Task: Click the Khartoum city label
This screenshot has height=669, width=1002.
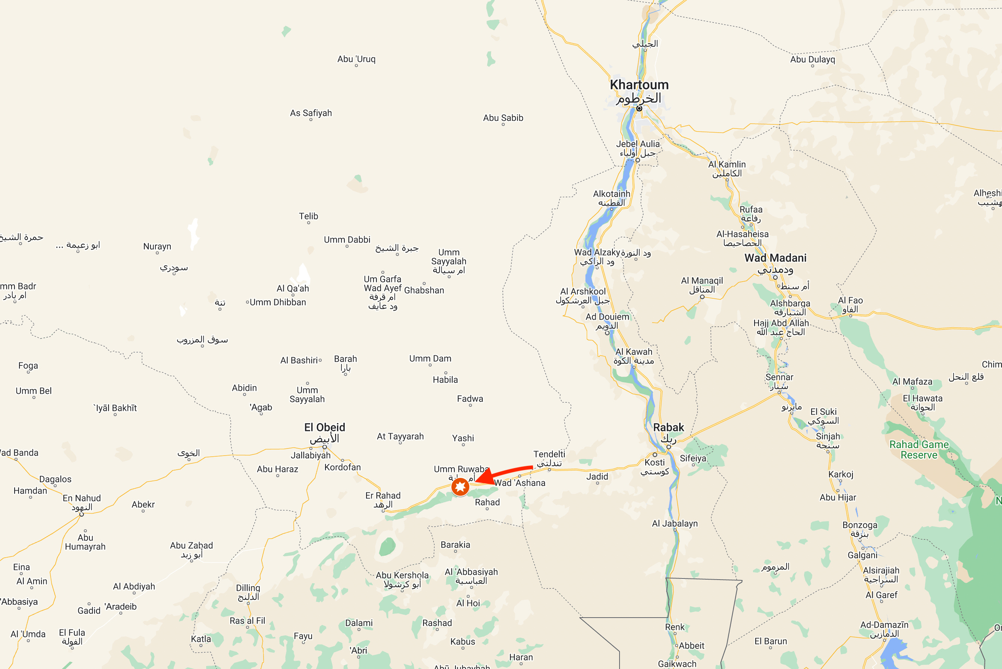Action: click(x=639, y=85)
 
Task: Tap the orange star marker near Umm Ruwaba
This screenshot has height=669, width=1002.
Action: click(x=460, y=486)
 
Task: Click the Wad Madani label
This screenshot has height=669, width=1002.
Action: click(x=775, y=258)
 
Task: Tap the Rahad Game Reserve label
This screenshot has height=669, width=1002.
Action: click(x=919, y=450)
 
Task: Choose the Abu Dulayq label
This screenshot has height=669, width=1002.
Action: click(x=812, y=59)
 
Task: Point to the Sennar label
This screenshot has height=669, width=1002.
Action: click(x=779, y=377)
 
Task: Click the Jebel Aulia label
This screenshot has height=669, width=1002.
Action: click(x=638, y=144)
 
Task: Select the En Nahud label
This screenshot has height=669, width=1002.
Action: click(x=82, y=498)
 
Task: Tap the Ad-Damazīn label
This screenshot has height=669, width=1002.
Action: click(x=884, y=625)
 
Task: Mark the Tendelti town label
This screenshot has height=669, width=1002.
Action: click(x=549, y=454)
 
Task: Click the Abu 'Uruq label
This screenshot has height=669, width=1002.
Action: click(x=356, y=59)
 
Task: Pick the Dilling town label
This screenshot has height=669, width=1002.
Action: click(x=248, y=588)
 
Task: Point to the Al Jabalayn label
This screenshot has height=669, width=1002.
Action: click(x=675, y=523)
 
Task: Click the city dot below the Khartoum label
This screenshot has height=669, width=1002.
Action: click(x=639, y=108)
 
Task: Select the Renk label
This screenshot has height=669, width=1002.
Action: click(x=675, y=627)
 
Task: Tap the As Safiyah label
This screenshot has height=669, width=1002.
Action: click(x=311, y=113)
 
